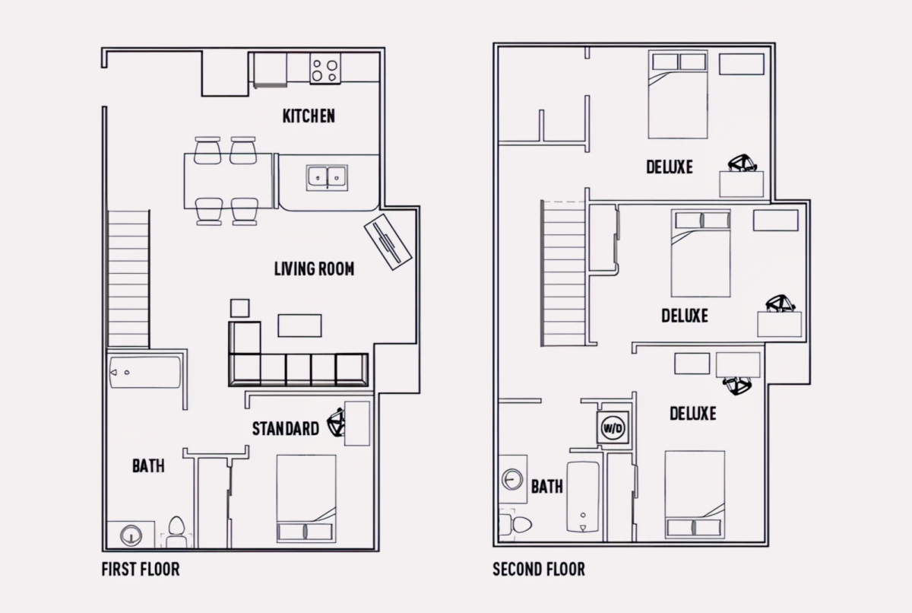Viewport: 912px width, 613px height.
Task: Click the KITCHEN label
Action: (309, 116)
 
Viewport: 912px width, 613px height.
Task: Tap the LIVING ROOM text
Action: (314, 268)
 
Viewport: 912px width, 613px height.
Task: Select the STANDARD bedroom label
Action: (286, 428)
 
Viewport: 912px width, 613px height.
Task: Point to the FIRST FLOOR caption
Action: (141, 569)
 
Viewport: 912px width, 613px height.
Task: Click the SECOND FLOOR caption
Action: (539, 569)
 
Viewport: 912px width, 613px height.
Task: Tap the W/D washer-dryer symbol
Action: (613, 428)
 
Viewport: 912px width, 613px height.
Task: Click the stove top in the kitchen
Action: (325, 68)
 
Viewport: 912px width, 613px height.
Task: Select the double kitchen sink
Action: (327, 177)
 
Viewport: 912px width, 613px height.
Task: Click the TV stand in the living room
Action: (388, 242)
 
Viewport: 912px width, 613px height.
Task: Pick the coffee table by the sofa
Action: (299, 326)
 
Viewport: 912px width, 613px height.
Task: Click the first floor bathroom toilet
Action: (176, 532)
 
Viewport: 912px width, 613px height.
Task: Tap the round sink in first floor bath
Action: (131, 535)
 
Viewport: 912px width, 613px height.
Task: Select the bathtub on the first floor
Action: (145, 372)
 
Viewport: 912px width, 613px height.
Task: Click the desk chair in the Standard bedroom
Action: (337, 422)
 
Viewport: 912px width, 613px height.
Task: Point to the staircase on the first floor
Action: (128, 279)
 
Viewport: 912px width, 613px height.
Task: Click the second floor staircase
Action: (563, 273)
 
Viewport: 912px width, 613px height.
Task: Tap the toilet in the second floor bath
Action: (515, 524)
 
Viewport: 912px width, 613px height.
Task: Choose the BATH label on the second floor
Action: (546, 486)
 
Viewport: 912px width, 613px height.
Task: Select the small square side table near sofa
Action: (240, 308)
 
